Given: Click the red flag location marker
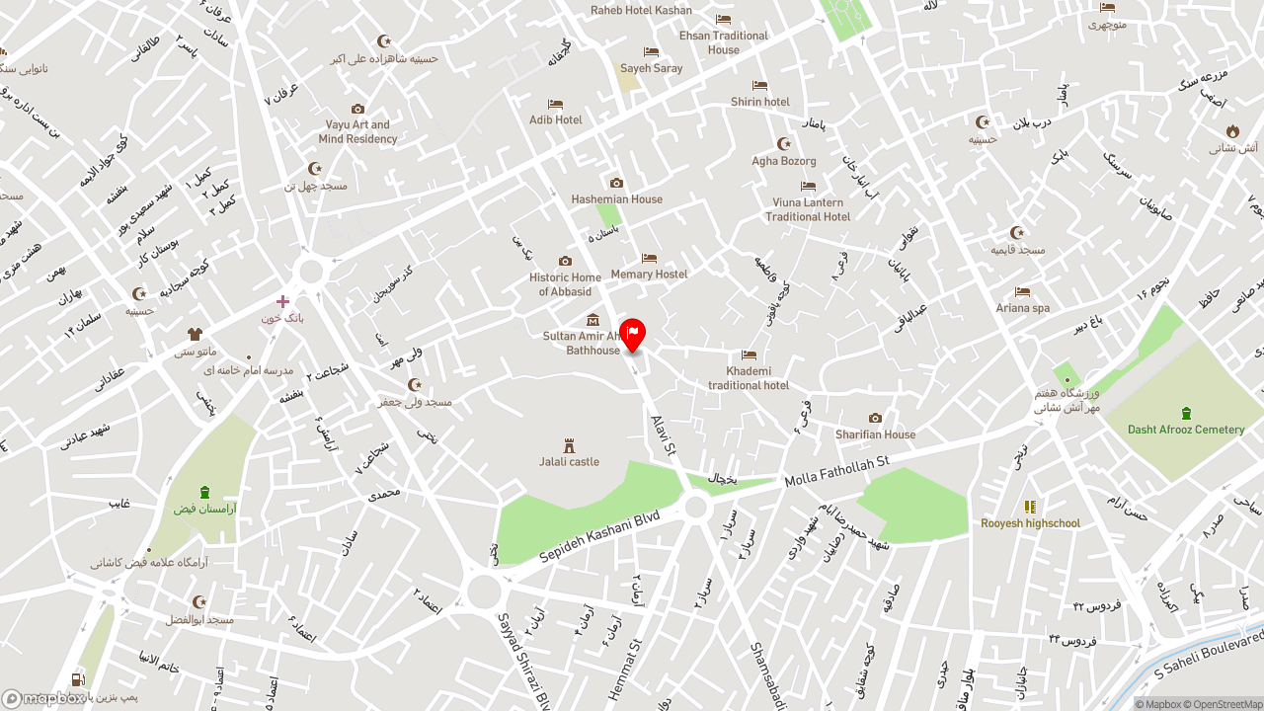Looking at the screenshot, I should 632,334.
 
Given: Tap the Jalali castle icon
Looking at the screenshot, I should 569,446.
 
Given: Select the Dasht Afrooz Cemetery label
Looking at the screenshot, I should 1186,430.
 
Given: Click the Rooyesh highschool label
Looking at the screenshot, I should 1030,523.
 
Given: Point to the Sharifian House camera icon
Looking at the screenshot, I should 875,419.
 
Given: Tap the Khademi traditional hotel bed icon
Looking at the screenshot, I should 749,355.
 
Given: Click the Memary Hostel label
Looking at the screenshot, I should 649,274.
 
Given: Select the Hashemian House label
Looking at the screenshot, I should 616,198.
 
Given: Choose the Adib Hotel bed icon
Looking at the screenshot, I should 555,105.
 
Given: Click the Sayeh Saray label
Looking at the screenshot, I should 651,68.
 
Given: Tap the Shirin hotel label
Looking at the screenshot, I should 759,102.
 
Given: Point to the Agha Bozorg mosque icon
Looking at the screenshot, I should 784,144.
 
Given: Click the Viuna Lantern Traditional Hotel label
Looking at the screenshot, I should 808,209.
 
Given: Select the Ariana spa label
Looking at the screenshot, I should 1022,308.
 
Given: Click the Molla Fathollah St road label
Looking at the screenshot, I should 836,472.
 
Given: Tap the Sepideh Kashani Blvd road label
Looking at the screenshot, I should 599,537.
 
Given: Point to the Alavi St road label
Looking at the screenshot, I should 664,434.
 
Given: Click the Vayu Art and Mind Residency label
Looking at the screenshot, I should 357,132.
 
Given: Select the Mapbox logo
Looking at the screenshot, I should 43,699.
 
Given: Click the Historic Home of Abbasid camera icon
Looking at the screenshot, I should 565,262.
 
